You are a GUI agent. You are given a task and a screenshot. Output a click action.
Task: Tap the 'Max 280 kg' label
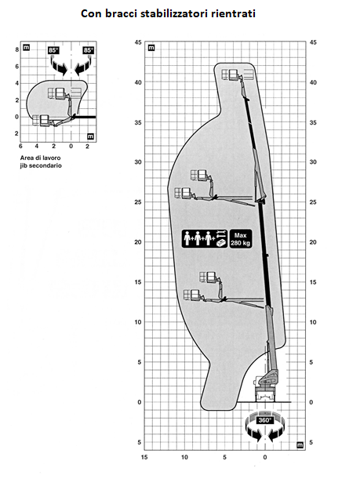pos(241,238)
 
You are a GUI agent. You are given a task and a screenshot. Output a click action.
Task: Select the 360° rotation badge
pos(264,420)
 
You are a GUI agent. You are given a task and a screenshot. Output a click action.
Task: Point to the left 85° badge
pos(53,50)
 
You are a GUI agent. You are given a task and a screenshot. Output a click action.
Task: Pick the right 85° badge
pos(89,50)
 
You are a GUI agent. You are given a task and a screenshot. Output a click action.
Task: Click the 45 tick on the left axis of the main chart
pos(138,42)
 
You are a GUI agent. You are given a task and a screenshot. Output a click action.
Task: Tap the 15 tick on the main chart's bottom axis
pos(144,457)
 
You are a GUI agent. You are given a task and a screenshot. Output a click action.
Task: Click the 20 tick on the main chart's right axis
pos(313,242)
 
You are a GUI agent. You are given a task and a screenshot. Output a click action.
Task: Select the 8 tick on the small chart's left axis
pos(17,49)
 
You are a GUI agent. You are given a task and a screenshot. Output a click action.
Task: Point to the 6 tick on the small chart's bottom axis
pos(20,147)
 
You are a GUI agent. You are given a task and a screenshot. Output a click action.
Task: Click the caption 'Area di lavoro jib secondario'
pos(41,161)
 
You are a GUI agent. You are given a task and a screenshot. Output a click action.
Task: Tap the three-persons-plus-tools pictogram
pos(205,238)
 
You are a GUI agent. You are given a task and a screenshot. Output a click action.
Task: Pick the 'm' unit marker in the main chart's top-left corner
pos(151,48)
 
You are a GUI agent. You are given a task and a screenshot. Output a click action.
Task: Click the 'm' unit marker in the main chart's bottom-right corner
pos(300,445)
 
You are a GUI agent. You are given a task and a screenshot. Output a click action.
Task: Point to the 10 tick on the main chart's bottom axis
pos(184,457)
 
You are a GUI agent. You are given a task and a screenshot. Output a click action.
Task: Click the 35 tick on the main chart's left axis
pos(138,122)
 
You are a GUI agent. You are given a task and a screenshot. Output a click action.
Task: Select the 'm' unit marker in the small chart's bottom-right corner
pos(90,136)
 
